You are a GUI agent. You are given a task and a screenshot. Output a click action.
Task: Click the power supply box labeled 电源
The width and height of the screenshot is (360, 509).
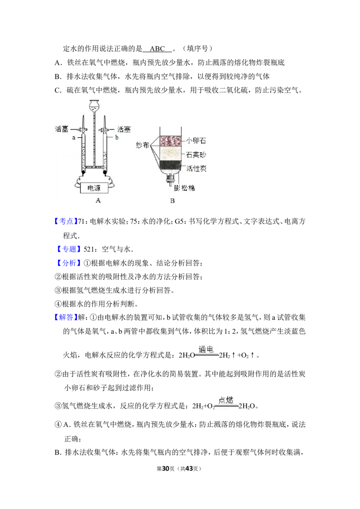click(94, 188)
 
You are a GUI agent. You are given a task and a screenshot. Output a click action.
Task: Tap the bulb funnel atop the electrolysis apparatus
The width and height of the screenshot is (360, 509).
click(94, 106)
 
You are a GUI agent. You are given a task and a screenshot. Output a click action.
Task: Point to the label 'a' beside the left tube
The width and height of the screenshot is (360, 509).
click(74, 138)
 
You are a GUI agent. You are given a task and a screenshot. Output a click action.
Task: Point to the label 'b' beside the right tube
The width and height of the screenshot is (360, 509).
click(117, 137)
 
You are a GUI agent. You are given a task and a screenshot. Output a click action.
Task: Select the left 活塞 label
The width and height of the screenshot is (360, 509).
click(62, 129)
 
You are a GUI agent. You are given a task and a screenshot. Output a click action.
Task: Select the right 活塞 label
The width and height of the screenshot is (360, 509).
click(124, 129)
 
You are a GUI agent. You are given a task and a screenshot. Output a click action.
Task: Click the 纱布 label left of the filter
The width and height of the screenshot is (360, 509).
click(142, 145)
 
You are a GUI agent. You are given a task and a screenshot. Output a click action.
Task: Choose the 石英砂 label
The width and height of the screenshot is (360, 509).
click(196, 155)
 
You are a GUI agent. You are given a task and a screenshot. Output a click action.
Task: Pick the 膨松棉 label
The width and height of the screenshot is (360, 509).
click(184, 188)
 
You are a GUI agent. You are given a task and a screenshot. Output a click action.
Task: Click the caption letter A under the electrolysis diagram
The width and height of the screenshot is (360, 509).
click(98, 201)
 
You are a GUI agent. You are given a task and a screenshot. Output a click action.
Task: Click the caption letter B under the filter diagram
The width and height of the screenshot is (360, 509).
click(172, 201)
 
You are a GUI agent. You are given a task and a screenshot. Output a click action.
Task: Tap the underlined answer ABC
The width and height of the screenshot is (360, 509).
click(157, 49)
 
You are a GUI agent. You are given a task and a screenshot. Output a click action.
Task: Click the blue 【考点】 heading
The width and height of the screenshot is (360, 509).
click(66, 221)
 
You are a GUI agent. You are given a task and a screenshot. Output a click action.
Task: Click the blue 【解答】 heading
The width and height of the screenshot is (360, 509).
click(66, 317)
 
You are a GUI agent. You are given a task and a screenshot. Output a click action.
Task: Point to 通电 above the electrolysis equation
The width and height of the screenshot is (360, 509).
click(206, 349)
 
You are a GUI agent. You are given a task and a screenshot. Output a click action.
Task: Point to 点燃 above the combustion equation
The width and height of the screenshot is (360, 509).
click(226, 400)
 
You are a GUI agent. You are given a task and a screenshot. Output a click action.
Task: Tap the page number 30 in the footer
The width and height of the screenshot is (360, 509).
click(166, 469)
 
